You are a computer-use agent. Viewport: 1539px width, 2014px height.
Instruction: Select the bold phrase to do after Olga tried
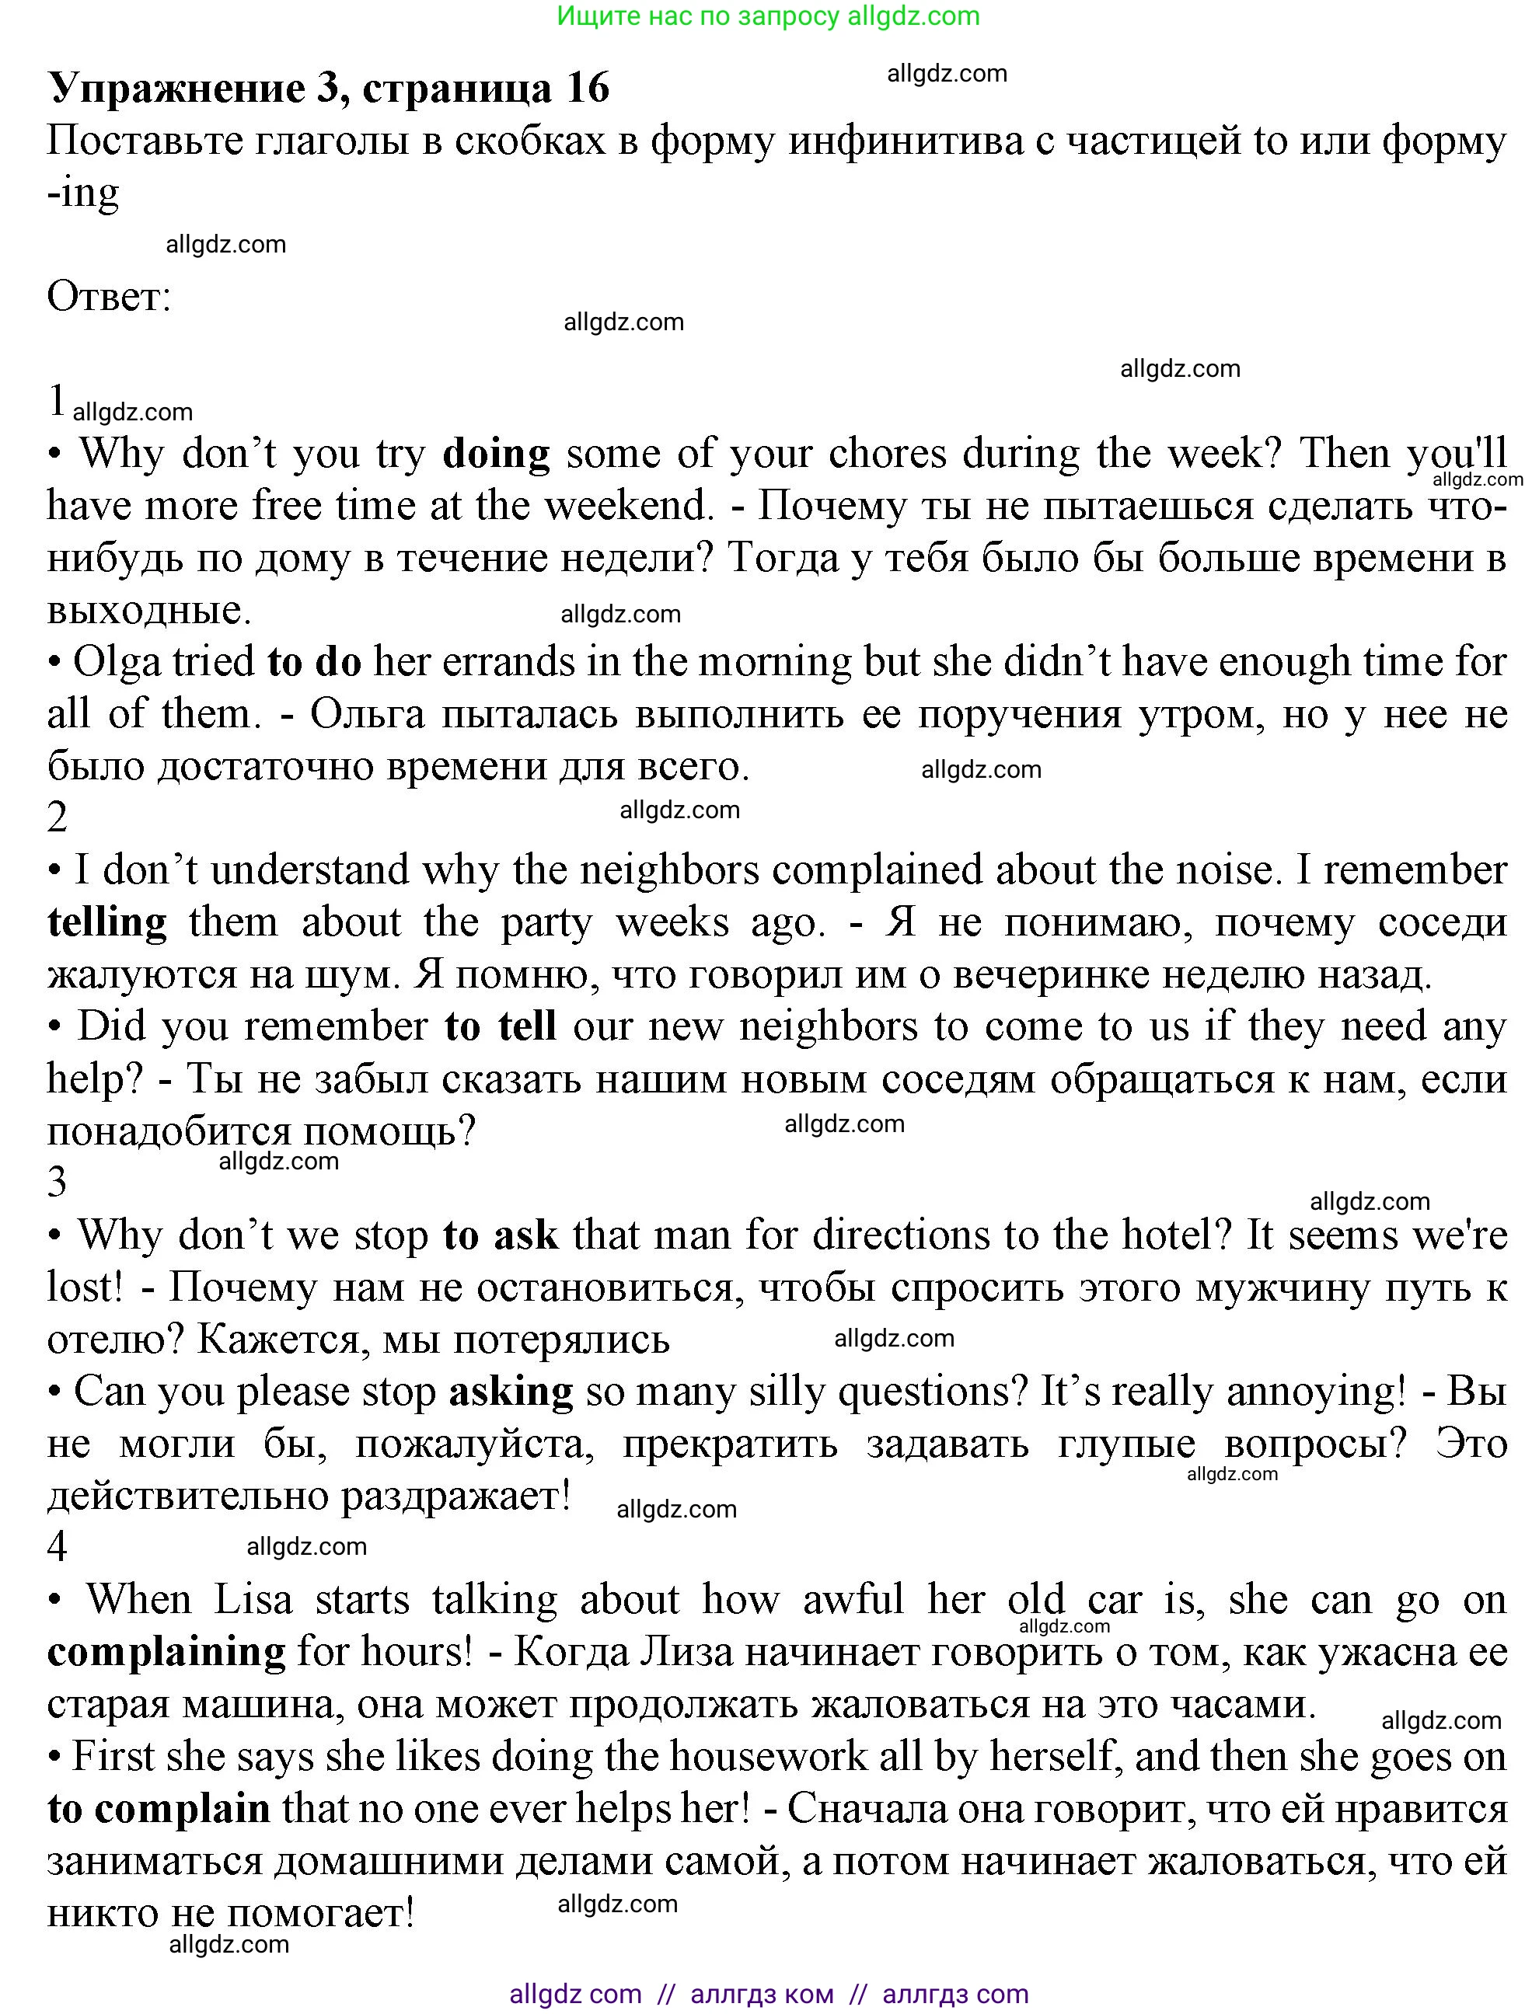pyautogui.click(x=314, y=661)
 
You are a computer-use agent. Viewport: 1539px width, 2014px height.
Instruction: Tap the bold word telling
pyautogui.click(x=107, y=922)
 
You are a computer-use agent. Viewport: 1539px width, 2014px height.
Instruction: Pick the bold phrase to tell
pyautogui.click(x=501, y=1026)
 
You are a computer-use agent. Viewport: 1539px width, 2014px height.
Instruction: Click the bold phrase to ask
pyautogui.click(x=501, y=1235)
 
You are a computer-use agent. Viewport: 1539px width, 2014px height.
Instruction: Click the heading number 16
pyautogui.click(x=587, y=88)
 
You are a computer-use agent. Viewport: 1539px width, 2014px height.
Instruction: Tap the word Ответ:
pyautogui.click(x=109, y=297)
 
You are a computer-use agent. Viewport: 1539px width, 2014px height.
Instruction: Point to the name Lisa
pyautogui.click(x=253, y=1600)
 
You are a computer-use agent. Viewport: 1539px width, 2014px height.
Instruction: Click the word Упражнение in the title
pyautogui.click(x=176, y=88)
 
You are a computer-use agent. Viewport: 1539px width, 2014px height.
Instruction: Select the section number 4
pyautogui.click(x=57, y=1547)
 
